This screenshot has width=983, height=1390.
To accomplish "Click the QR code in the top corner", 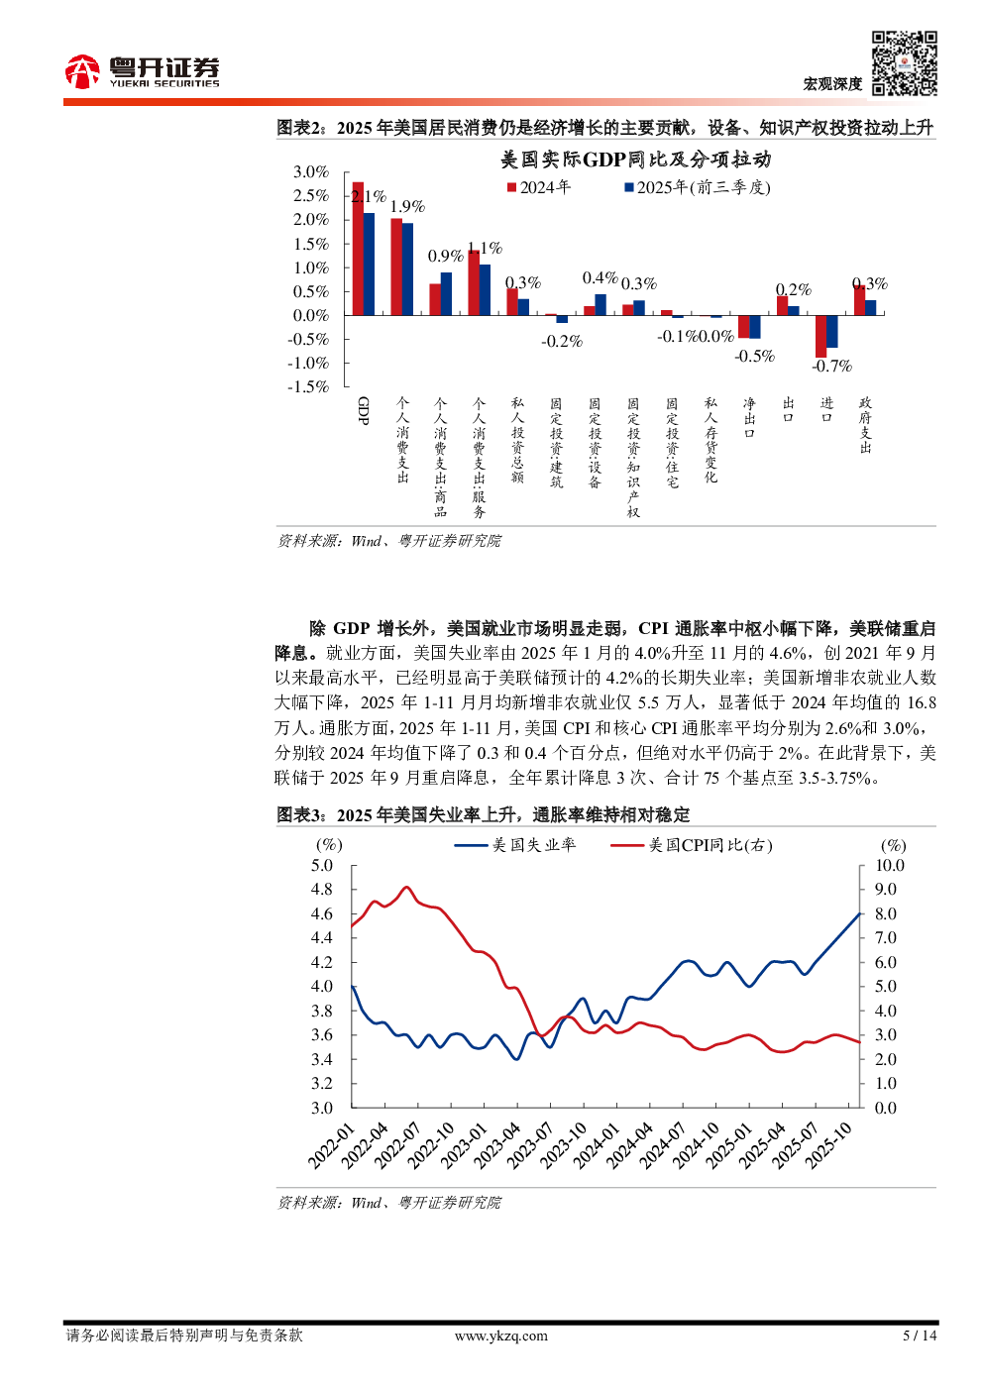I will click(904, 63).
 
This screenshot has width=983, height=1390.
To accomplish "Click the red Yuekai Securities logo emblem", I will click(82, 71).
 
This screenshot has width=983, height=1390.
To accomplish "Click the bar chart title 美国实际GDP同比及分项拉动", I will click(635, 160).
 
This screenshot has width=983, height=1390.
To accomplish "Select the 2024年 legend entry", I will click(539, 187).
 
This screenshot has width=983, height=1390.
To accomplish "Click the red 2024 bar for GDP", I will click(358, 249).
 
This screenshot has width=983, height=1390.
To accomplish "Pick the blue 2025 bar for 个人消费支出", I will click(407, 269).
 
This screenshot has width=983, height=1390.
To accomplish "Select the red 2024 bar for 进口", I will click(820, 336).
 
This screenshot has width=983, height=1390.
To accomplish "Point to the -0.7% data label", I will click(831, 367).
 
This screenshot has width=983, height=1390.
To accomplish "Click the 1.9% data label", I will click(407, 206).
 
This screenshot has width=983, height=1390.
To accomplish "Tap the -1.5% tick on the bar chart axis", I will click(308, 387).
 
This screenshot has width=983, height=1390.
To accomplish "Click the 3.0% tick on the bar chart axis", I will click(310, 172).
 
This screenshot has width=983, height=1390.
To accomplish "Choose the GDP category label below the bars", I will click(363, 410).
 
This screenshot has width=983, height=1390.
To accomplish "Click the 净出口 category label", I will click(749, 418).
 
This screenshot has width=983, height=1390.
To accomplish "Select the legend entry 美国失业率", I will click(515, 845).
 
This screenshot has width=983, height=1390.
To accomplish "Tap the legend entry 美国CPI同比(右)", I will click(691, 845).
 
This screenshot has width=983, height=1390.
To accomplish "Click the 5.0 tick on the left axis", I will click(322, 866).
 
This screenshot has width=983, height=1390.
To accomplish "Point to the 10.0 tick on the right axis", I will click(889, 866).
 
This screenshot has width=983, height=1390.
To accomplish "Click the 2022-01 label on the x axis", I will click(331, 1145).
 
